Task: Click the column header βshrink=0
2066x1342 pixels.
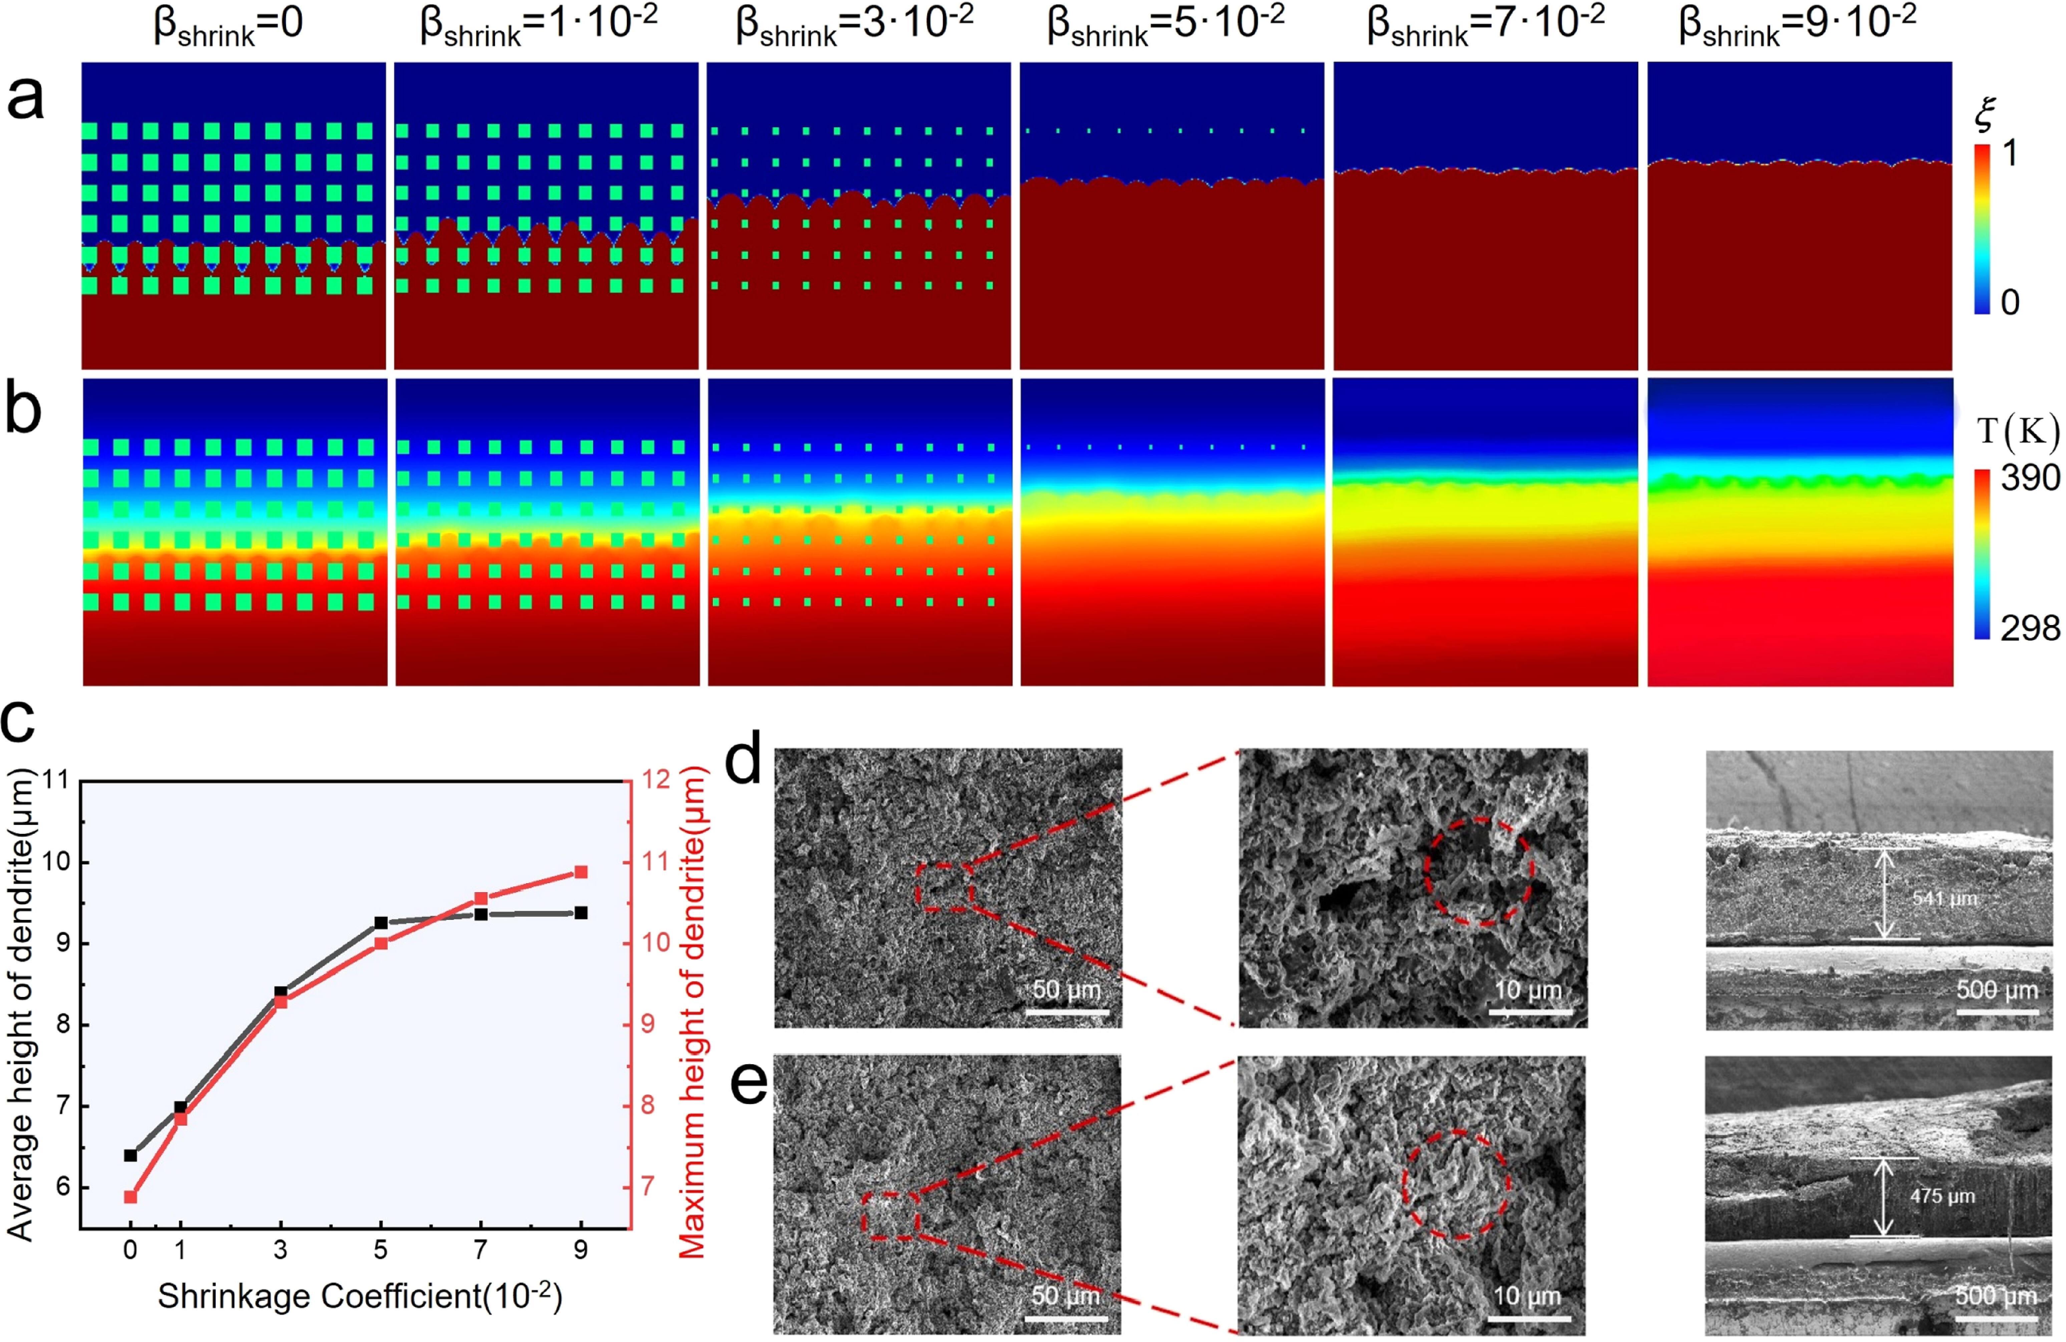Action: (228, 24)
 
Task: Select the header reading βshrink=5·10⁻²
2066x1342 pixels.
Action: (1166, 24)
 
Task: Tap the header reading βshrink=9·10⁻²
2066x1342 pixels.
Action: (1797, 24)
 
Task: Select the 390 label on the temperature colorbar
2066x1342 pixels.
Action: (2030, 477)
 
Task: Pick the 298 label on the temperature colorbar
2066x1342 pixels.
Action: (2030, 627)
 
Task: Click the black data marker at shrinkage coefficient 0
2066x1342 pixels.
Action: (130, 1156)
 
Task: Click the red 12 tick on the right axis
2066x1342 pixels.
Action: (657, 780)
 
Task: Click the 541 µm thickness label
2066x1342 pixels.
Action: (1945, 898)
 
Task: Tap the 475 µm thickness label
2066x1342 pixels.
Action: (1942, 1196)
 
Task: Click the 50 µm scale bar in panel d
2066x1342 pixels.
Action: (1067, 1011)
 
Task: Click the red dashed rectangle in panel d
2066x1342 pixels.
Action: (945, 887)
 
